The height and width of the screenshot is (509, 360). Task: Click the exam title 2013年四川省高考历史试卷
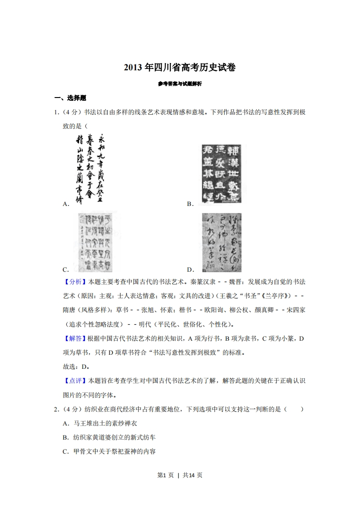pyautogui.click(x=180, y=68)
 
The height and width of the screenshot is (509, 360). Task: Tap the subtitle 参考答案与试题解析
pyautogui.click(x=180, y=84)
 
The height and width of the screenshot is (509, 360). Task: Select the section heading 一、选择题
pyautogui.click(x=70, y=98)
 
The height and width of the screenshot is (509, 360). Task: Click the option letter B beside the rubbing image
pyautogui.click(x=190, y=204)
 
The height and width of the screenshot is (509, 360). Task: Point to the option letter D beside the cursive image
pyautogui.click(x=190, y=269)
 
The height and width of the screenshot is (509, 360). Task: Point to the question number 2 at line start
pyautogui.click(x=56, y=409)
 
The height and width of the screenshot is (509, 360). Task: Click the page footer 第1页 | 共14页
pyautogui.click(x=180, y=475)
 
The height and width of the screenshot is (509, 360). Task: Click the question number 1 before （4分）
pyautogui.click(x=56, y=112)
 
